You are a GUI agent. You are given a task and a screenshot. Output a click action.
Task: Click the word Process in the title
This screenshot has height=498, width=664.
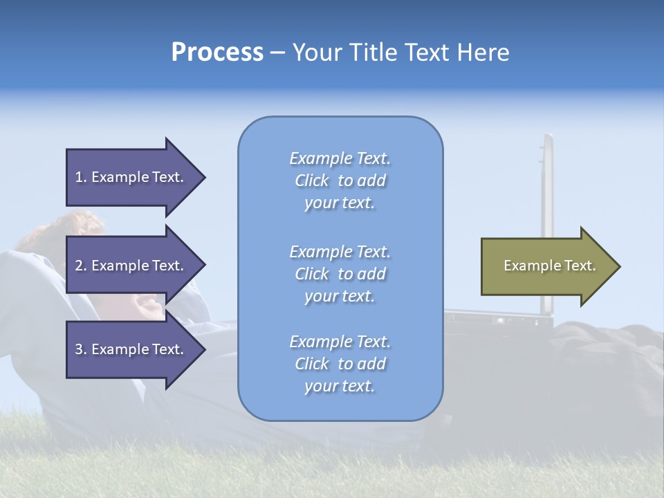pyautogui.click(x=217, y=53)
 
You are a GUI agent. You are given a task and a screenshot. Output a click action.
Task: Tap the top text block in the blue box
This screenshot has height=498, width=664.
pyautogui.click(x=340, y=181)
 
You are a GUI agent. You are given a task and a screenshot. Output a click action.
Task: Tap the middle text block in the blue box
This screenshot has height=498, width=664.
pyautogui.click(x=340, y=274)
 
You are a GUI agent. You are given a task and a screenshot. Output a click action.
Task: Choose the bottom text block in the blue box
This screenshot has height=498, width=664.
pyautogui.click(x=340, y=364)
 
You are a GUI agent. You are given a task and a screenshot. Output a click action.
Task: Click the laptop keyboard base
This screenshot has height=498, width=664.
pyautogui.click(x=498, y=318)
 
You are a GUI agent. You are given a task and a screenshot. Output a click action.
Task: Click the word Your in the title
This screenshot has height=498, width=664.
pyautogui.click(x=318, y=53)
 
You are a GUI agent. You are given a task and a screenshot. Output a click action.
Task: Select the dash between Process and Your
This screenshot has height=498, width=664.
pyautogui.click(x=277, y=53)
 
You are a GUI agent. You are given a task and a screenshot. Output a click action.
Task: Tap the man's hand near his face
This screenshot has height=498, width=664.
pyautogui.click(x=149, y=304)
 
